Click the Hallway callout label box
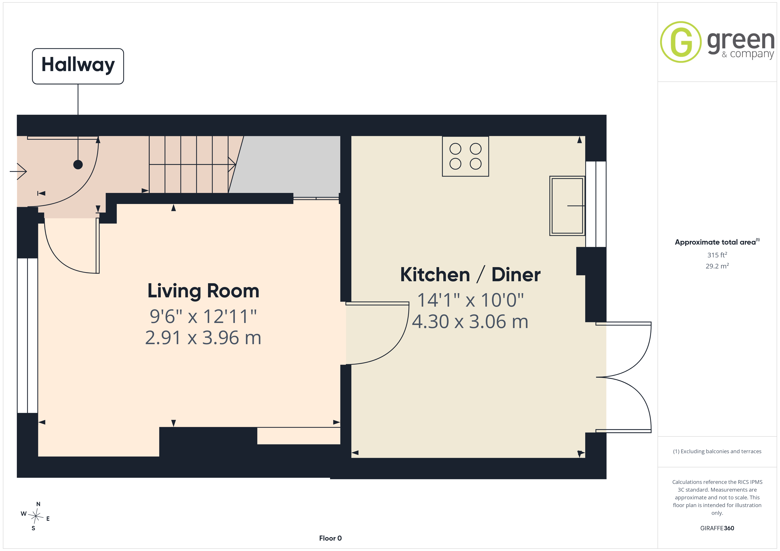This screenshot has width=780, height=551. (x=78, y=66)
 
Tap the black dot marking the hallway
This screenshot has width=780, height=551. (x=78, y=164)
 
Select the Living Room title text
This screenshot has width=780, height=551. (x=203, y=291)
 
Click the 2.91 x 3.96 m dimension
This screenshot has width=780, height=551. (x=203, y=338)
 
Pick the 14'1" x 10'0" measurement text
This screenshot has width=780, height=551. (x=470, y=300)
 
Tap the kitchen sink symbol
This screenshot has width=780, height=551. (x=567, y=206)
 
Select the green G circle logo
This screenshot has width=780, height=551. (x=681, y=42)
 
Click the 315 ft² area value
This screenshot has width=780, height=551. (x=717, y=255)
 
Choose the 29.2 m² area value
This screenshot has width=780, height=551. (x=717, y=266)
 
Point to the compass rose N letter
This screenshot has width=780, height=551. (x=38, y=504)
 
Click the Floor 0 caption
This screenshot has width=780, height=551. (x=330, y=538)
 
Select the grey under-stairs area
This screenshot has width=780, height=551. (x=285, y=164)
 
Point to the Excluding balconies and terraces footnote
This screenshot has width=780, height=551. (x=717, y=451)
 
